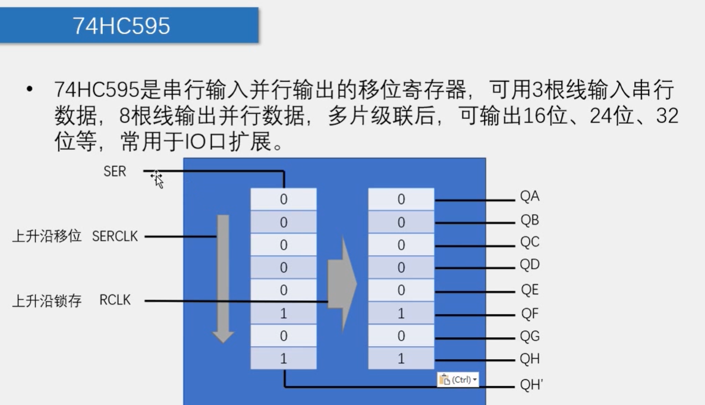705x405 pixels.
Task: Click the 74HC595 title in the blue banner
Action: point(121,26)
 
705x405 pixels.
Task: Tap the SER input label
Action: point(115,172)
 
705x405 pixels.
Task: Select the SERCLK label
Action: point(115,237)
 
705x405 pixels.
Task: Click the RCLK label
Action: point(115,300)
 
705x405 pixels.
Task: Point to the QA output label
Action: point(530,197)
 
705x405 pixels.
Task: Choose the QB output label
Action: point(530,221)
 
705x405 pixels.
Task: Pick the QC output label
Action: point(530,243)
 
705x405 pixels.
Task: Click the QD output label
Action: point(530,265)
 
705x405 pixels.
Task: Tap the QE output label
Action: point(530,290)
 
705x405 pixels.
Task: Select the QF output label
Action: point(530,313)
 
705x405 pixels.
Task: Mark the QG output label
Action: point(530,337)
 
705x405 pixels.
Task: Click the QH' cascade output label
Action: point(531,385)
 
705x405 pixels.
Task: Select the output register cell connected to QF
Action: point(401,313)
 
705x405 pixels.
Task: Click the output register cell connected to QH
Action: point(401,359)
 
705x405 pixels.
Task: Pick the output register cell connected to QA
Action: point(401,200)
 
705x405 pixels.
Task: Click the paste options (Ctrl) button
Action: point(458,379)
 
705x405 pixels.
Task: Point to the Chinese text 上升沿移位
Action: point(47,237)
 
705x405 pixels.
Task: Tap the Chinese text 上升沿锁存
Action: point(47,301)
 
